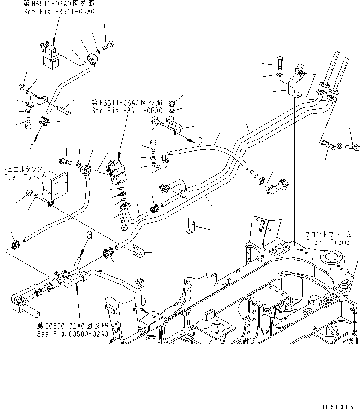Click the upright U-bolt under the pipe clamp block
[x=191, y=225]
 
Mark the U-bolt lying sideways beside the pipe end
[x=138, y=251]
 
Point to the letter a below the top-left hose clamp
[x=31, y=148]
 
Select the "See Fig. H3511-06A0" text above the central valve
[x=127, y=111]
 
